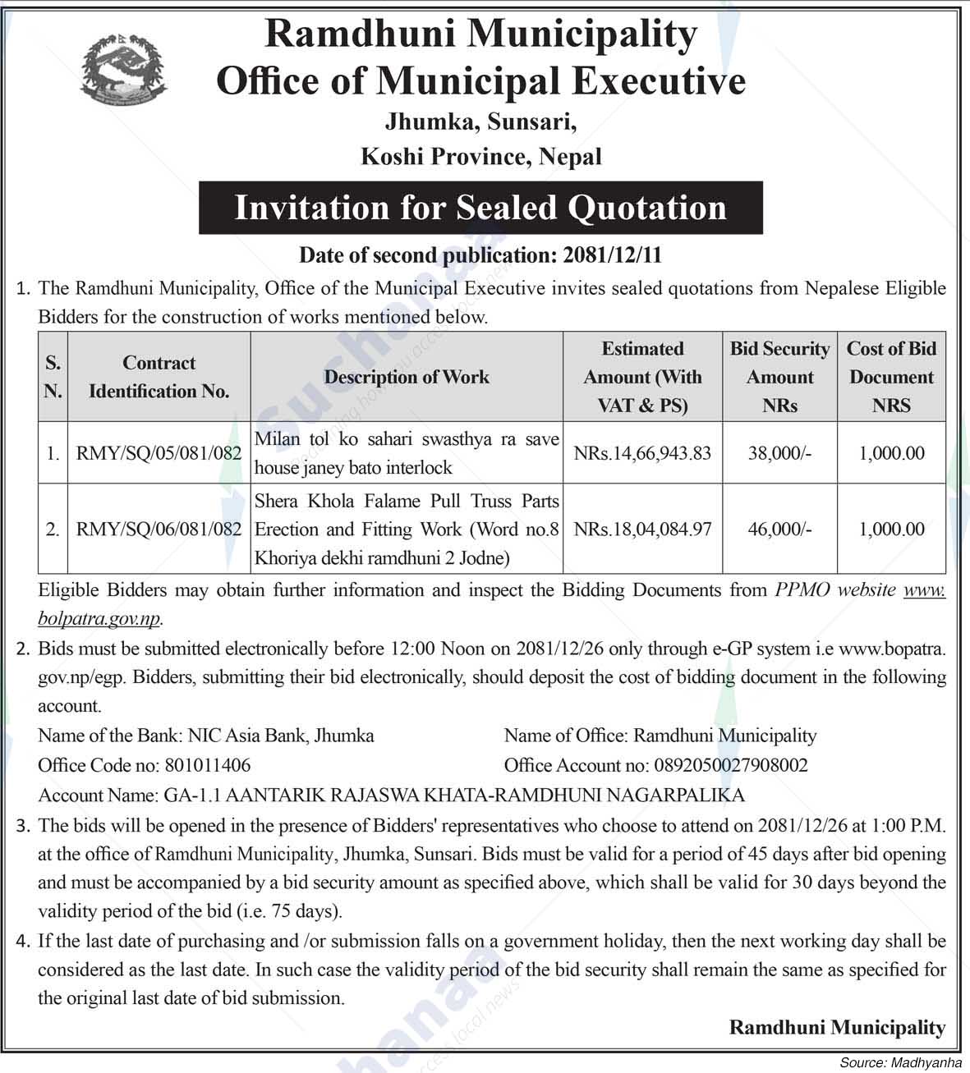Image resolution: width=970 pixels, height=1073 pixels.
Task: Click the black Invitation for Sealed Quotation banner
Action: (480, 208)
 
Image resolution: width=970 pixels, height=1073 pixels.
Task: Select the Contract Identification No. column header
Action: (159, 377)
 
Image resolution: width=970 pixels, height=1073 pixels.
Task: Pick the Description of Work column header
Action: (407, 377)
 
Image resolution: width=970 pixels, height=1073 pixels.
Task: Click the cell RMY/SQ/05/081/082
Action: (159, 453)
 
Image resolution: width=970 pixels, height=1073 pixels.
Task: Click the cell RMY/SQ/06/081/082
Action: (159, 530)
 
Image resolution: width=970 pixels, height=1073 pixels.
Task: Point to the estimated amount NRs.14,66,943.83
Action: (642, 453)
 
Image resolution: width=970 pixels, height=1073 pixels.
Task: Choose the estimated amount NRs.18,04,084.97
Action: (642, 530)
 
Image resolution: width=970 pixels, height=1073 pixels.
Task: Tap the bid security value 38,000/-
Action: (779, 453)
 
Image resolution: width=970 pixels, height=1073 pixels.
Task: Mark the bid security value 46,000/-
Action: (779, 530)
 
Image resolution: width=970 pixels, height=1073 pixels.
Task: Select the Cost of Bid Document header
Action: (891, 377)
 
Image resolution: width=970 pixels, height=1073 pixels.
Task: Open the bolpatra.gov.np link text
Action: (99, 618)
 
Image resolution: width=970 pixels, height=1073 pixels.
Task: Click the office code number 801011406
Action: (208, 765)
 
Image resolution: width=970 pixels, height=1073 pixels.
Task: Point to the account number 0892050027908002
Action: (730, 765)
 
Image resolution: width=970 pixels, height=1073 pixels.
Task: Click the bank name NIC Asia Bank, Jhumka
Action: (281, 736)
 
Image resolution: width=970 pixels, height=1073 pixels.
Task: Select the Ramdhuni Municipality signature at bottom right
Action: (837, 1027)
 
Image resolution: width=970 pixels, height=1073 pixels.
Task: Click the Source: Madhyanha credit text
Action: (900, 1063)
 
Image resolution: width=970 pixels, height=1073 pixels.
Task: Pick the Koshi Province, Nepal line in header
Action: (480, 157)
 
